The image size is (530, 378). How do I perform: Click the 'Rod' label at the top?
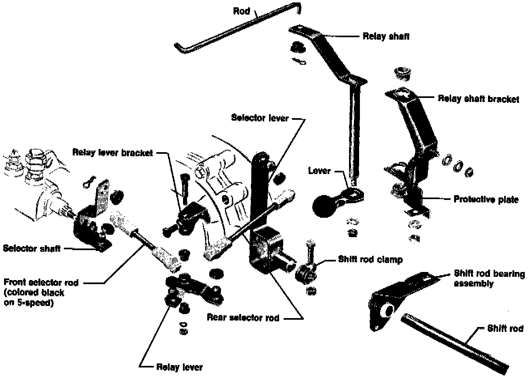tap(242, 11)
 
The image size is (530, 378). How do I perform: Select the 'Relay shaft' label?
tap(386, 36)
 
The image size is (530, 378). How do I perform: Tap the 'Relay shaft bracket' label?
tap(478, 99)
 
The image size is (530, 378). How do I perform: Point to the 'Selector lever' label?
tap(260, 118)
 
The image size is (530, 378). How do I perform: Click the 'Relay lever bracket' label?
tap(113, 153)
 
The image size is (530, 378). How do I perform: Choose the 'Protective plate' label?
tap(486, 200)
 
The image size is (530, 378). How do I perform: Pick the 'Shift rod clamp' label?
tap(370, 260)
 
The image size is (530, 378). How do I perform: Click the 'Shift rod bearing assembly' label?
tap(489, 278)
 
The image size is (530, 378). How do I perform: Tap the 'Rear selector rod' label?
tap(243, 318)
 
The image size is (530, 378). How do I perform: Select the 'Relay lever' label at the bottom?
tap(179, 367)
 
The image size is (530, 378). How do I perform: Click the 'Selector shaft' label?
tap(32, 248)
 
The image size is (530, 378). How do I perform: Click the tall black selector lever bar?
tap(259, 190)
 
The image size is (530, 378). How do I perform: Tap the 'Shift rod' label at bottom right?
tap(505, 328)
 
